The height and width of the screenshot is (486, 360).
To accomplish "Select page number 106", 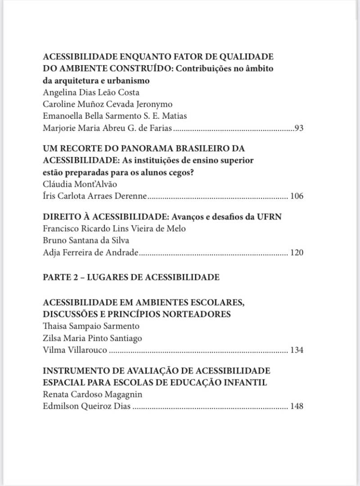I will pyautogui.click(x=297, y=196).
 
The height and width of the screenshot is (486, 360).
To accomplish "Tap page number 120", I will pyautogui.click(x=297, y=252).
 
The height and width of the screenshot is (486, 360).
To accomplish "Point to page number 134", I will pyautogui.click(x=297, y=350).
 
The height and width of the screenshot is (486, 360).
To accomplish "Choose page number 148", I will pyautogui.click(x=297, y=406).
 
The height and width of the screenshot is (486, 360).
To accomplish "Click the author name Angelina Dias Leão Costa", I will pyautogui.click(x=91, y=93).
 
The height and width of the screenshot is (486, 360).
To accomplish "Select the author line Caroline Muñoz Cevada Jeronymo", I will pyautogui.click(x=102, y=104).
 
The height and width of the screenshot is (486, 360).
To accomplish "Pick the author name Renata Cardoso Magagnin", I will pyautogui.click(x=92, y=394).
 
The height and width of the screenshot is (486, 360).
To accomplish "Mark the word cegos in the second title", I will pyautogui.click(x=183, y=172).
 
